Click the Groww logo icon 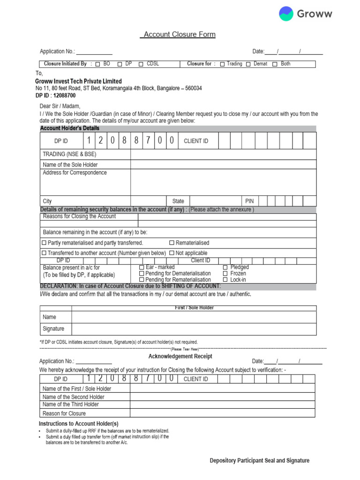click(x=286, y=14)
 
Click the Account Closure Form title click(x=179, y=35)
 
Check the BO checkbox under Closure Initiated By click(x=98, y=64)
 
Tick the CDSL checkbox click(x=141, y=64)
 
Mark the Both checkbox click(x=275, y=64)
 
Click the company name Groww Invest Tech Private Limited click(x=78, y=81)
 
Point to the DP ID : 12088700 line click(x=55, y=95)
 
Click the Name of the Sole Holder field click(x=223, y=165)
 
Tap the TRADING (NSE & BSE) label click(x=69, y=154)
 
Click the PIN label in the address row click(x=249, y=201)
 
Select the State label click(x=178, y=201)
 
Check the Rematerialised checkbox click(x=172, y=243)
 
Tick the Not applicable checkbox click(x=172, y=253)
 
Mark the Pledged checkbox click(x=225, y=267)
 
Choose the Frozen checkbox click(x=225, y=273)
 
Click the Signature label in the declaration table click(x=53, y=329)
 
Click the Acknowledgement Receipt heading click(x=180, y=357)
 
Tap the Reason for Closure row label click(x=64, y=413)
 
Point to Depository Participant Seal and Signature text click(x=259, y=461)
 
